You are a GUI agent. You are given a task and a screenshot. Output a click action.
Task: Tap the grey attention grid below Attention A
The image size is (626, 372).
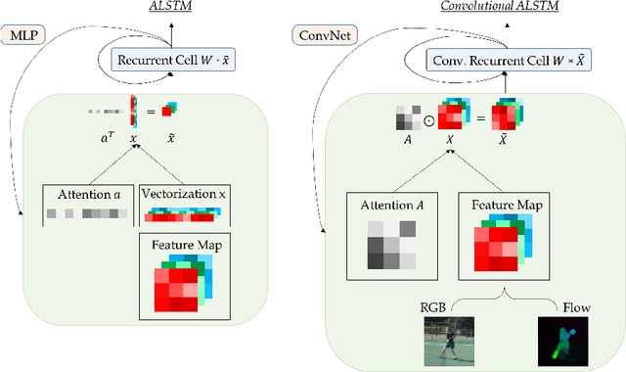point(387,244)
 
